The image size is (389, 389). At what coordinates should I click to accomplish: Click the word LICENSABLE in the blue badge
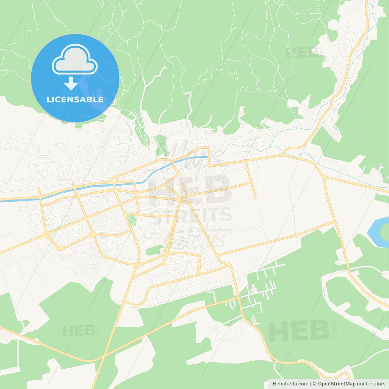click(75, 100)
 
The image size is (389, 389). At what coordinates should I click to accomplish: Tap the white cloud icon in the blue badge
click(75, 60)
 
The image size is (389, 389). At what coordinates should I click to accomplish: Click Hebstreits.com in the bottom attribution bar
click(290, 384)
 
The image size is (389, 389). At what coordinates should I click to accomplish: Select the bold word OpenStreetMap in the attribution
click(336, 384)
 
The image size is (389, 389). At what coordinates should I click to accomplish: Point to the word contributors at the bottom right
click(371, 384)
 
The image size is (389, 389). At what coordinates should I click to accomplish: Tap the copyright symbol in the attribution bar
click(315, 384)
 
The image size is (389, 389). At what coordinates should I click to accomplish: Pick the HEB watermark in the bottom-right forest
click(299, 331)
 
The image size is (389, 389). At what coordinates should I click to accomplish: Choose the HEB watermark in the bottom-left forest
click(79, 331)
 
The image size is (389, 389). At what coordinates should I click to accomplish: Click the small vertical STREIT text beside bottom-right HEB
click(335, 329)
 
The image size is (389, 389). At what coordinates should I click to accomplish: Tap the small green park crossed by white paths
click(132, 220)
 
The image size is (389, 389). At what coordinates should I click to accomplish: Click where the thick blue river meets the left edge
click(1, 200)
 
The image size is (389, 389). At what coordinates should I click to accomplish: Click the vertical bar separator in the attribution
click(310, 384)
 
